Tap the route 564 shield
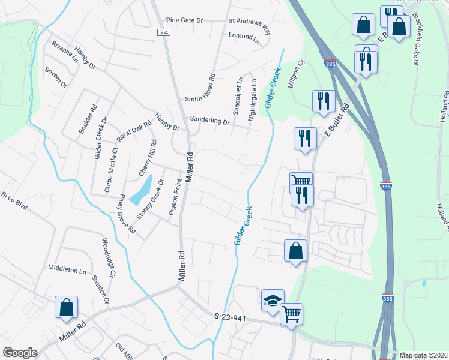163,32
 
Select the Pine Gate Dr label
185,20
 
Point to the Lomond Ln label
244,36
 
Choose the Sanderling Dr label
210,120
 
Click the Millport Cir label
297,74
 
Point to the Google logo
20,353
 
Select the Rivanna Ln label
65,52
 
